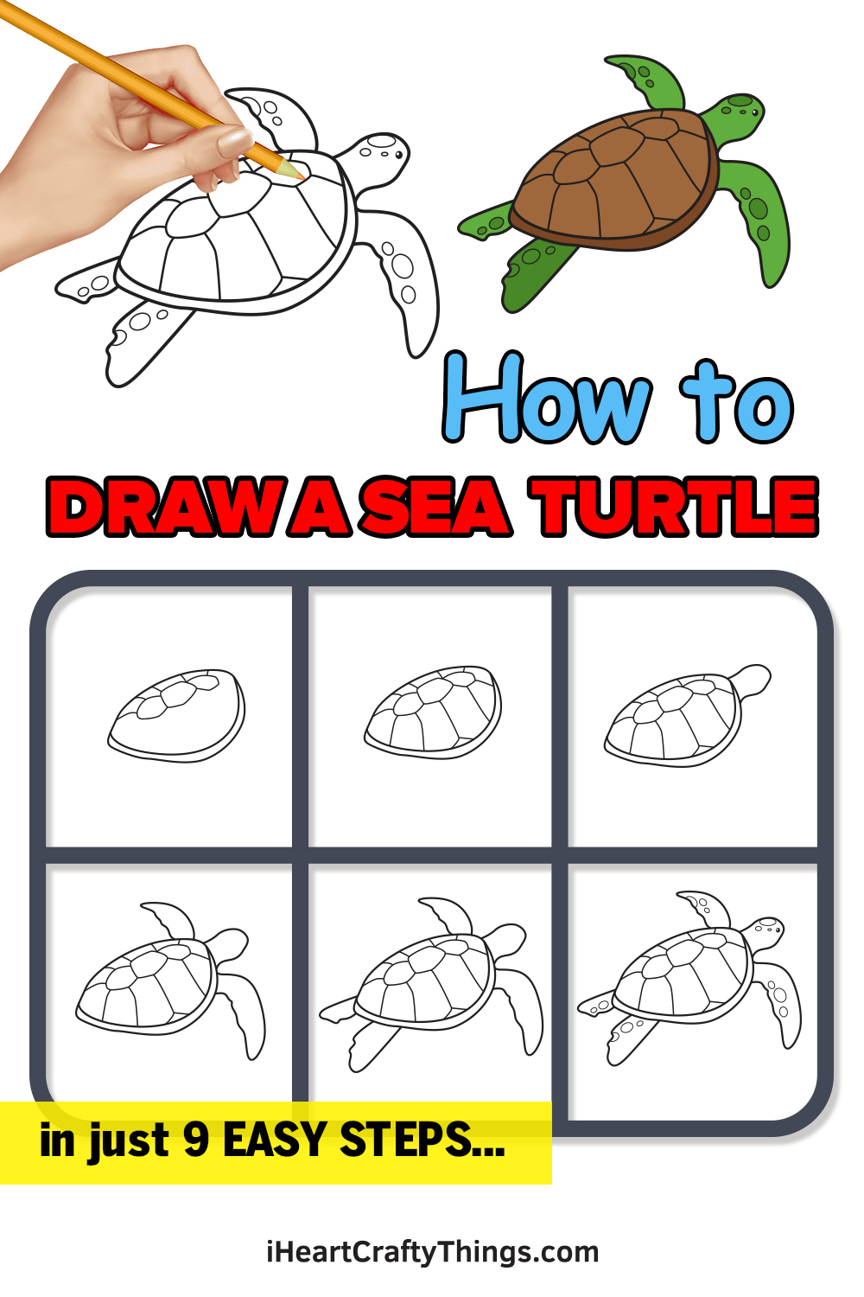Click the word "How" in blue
point(547,398)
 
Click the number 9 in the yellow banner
point(197,1139)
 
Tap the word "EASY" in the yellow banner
point(275,1140)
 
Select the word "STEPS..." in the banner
point(422,1139)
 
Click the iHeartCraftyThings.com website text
point(432,1252)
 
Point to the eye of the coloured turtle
point(754,112)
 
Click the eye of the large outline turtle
point(398,155)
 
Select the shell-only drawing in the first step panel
point(176,716)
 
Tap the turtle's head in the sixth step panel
point(765,933)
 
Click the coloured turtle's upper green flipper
point(647,81)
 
